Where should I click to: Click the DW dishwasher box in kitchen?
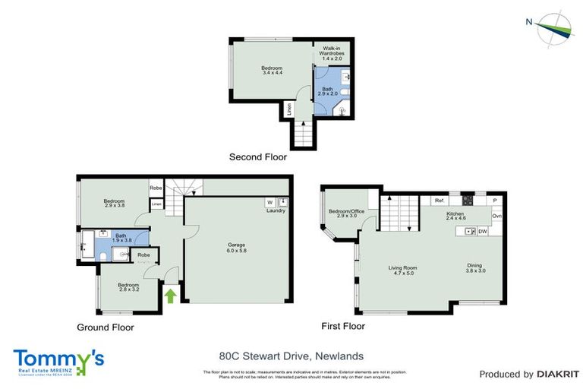pyautogui.click(x=482, y=231)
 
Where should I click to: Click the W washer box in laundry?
pyautogui.click(x=269, y=202)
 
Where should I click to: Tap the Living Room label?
pyautogui.click(x=402, y=270)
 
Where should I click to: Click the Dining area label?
pyautogui.click(x=476, y=268)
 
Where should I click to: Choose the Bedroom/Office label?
pyautogui.click(x=347, y=213)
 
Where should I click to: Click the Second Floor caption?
pyautogui.click(x=258, y=157)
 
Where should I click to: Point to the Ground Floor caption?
pyautogui.click(x=106, y=327)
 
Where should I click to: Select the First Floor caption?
pyautogui.click(x=342, y=326)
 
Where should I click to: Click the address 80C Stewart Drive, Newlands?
pyautogui.click(x=291, y=356)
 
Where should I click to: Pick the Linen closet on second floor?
pyautogui.click(x=288, y=110)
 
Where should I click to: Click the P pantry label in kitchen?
pyautogui.click(x=495, y=201)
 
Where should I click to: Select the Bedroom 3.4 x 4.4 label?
pyautogui.click(x=272, y=69)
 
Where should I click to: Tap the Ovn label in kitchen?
pyautogui.click(x=497, y=217)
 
